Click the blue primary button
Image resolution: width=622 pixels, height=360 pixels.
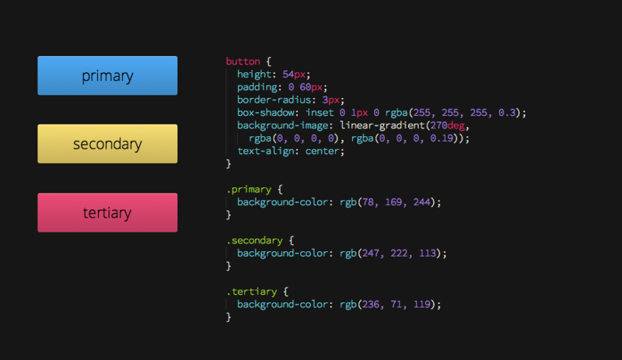click(x=107, y=75)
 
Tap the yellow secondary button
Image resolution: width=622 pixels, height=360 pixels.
click(x=107, y=144)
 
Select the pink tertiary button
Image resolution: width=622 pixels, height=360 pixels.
click(x=107, y=213)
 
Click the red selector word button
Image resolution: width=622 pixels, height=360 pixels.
click(x=243, y=61)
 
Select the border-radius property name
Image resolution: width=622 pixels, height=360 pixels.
click(x=274, y=100)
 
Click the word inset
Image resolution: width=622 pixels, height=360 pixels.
click(x=320, y=113)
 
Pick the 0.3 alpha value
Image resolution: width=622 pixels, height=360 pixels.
click(x=507, y=113)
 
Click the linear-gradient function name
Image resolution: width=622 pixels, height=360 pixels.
click(x=383, y=126)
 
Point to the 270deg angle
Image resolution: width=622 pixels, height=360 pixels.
click(x=448, y=126)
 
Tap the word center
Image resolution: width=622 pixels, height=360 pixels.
click(x=323, y=151)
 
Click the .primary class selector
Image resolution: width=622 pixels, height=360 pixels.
click(x=249, y=189)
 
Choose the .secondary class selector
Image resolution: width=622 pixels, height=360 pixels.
click(x=254, y=240)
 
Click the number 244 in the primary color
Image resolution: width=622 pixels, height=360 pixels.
click(x=421, y=202)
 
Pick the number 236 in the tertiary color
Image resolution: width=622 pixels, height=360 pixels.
click(x=371, y=305)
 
